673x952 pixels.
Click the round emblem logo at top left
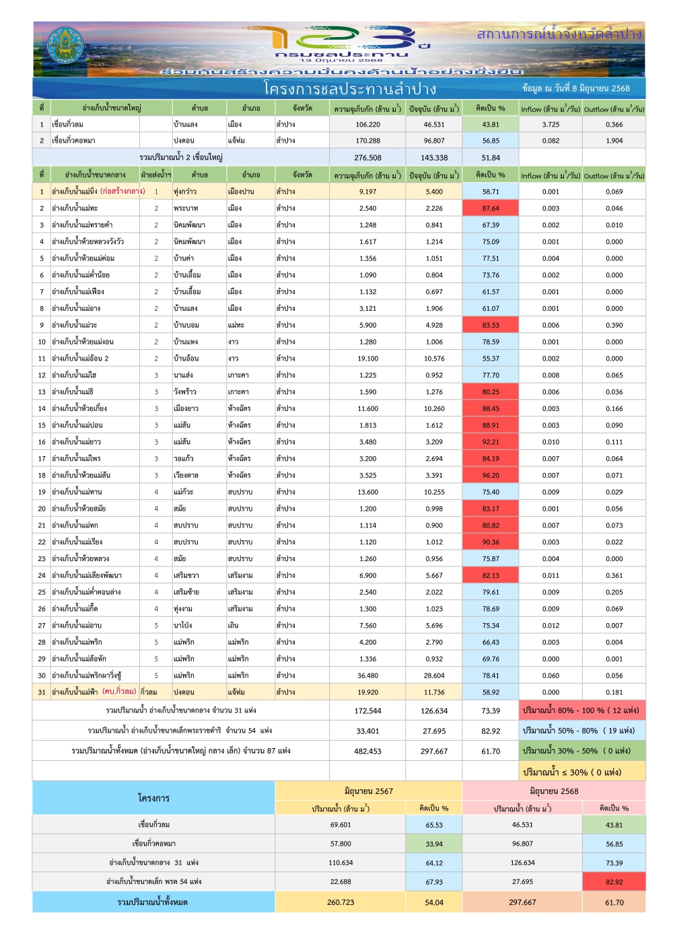[65, 46]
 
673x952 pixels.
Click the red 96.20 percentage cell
[491, 475]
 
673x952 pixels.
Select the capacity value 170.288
[367, 141]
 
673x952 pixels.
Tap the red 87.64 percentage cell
[491, 208]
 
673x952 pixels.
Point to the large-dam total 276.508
[367, 157]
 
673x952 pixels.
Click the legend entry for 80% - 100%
[581, 710]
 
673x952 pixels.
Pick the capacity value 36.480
[367, 675]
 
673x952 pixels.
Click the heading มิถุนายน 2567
[368, 791]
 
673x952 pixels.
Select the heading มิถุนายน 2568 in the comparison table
[554, 791]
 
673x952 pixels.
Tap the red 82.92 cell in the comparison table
[614, 881]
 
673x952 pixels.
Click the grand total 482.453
[367, 751]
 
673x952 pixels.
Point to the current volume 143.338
[434, 157]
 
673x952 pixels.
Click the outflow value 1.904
[614, 141]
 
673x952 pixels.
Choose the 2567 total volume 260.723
[341, 902]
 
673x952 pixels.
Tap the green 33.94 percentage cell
[434, 844]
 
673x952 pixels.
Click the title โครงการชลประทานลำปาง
[350, 89]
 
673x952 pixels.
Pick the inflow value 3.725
[551, 124]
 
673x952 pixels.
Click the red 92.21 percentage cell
[491, 442]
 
